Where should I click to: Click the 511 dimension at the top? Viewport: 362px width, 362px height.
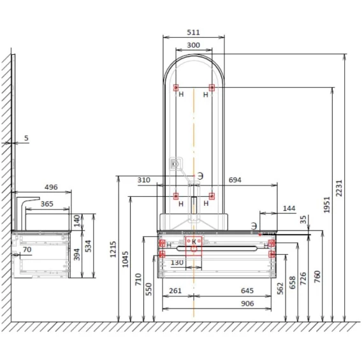tap(193, 33)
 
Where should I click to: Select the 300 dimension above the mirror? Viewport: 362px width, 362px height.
tap(193, 45)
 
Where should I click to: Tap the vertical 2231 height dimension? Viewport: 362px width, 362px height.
tap(339, 188)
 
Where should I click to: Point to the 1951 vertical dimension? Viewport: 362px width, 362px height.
tap(327, 205)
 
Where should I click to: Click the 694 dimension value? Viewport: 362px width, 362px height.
tap(235, 180)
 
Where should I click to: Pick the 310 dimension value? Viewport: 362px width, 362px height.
tap(144, 180)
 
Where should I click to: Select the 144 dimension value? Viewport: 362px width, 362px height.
tap(289, 208)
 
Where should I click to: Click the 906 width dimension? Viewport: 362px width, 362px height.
tap(247, 303)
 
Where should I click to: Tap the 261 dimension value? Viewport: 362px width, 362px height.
tap(175, 291)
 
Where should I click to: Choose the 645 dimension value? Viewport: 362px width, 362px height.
tap(247, 291)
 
